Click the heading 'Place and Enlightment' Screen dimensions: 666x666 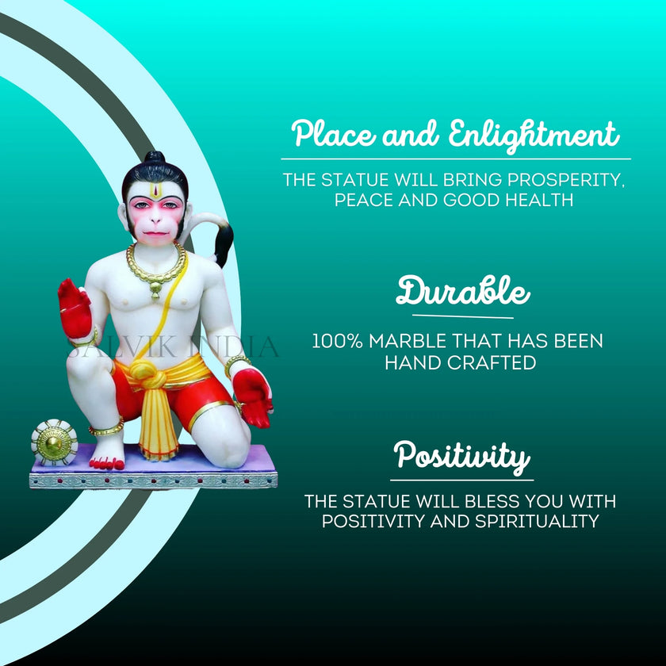point(455,134)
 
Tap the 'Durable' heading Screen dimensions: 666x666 point(462,292)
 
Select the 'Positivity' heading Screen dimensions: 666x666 point(461,456)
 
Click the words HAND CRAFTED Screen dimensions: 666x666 point(460,363)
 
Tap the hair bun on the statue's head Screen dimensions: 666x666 point(155,158)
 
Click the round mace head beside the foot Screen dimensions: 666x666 point(54,442)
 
